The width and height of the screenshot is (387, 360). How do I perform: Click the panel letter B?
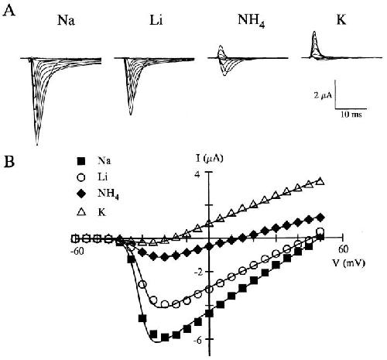[x=9, y=162]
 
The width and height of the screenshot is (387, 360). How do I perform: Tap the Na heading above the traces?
[x=67, y=19]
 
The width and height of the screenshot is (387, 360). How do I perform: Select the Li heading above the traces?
[x=156, y=19]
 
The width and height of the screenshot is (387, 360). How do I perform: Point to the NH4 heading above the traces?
[x=252, y=20]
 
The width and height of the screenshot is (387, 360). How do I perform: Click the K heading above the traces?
[x=341, y=19]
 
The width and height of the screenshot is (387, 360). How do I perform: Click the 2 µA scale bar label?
[x=323, y=95]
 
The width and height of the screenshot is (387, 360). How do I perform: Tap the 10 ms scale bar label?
[x=351, y=114]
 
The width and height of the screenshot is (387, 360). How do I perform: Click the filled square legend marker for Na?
[x=81, y=162]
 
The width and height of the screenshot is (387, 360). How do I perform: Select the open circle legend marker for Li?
[x=81, y=178]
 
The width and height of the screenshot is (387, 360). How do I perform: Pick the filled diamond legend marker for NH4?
[x=81, y=193]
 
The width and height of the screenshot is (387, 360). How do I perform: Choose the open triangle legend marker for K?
[x=81, y=212]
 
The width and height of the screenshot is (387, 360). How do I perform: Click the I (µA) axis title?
[x=209, y=158]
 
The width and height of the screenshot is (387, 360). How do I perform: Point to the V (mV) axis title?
[x=348, y=263]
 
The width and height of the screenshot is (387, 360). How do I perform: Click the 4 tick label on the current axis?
[x=197, y=175]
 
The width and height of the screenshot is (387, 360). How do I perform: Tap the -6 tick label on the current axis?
[x=199, y=340]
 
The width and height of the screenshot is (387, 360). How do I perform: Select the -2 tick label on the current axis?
[x=199, y=273]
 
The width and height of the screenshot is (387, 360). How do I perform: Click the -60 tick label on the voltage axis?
[x=77, y=250]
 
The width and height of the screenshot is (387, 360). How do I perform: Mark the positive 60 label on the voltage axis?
[x=342, y=249]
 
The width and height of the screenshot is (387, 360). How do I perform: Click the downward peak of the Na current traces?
[x=37, y=145]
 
